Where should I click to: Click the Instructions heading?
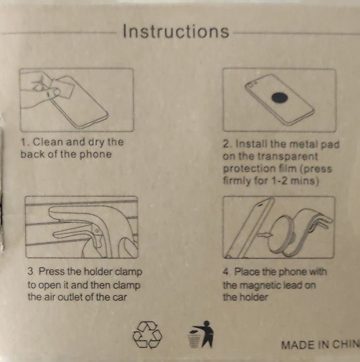click(176, 31)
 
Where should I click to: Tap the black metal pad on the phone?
click(280, 97)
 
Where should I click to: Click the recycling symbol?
click(147, 335)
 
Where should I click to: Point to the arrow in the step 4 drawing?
click(265, 235)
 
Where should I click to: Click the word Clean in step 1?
click(48, 142)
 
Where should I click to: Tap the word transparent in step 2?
click(288, 157)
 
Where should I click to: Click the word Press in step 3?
click(51, 271)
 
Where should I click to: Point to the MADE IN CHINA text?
click(321, 345)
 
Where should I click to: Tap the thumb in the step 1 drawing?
click(53, 93)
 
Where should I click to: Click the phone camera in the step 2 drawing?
click(251, 84)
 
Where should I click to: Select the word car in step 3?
click(119, 297)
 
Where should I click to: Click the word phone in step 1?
click(96, 154)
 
